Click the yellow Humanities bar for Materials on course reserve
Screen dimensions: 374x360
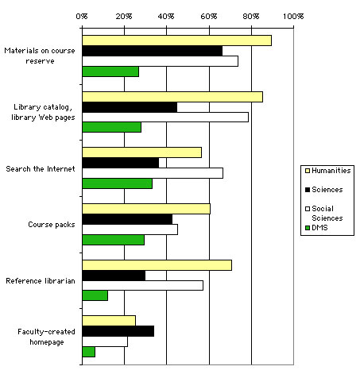(176, 40)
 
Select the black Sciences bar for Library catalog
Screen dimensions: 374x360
(130, 107)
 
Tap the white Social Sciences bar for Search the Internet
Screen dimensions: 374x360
(153, 173)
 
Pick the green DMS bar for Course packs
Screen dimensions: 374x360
(113, 240)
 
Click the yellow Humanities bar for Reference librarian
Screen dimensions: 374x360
(157, 264)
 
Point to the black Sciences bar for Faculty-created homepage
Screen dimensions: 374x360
(118, 331)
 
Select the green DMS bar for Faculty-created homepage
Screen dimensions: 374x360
(88, 352)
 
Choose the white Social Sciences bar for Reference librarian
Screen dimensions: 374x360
(142, 285)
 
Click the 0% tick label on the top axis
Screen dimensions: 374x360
(82, 15)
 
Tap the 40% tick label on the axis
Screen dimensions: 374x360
(166, 15)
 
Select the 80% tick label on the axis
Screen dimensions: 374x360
(250, 15)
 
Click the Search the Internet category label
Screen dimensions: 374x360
(40, 169)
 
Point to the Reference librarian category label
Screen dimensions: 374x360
(40, 281)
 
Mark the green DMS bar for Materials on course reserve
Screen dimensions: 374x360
(110, 71)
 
